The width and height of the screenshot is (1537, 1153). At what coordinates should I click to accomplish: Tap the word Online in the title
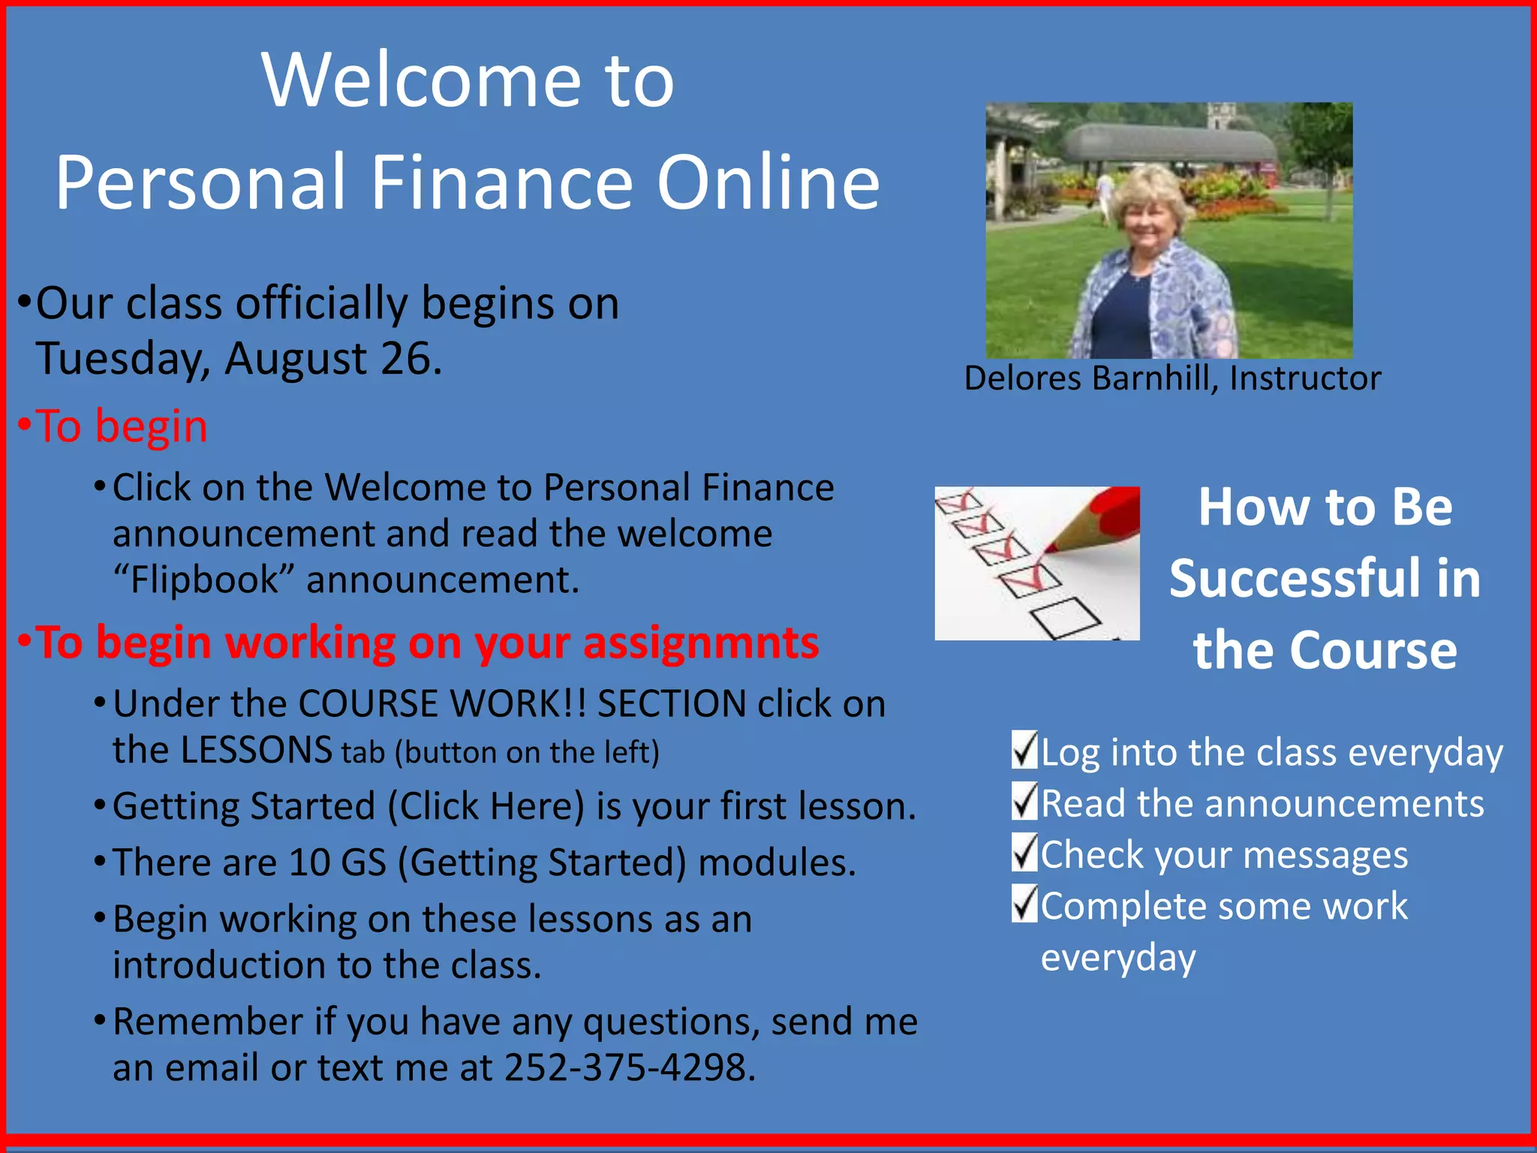[768, 182]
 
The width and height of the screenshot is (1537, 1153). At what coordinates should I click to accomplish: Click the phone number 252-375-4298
[627, 1067]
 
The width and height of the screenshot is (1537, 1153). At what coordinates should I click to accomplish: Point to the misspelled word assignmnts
[701, 643]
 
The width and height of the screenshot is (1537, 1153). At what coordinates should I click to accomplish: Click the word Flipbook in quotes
[204, 580]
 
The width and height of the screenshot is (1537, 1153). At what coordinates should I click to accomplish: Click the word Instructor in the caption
[1305, 378]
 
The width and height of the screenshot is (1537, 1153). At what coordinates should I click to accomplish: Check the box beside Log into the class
[1024, 750]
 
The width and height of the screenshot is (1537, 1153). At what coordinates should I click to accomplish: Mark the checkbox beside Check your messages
[1024, 853]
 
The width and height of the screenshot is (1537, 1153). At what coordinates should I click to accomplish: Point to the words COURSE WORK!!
[442, 704]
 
